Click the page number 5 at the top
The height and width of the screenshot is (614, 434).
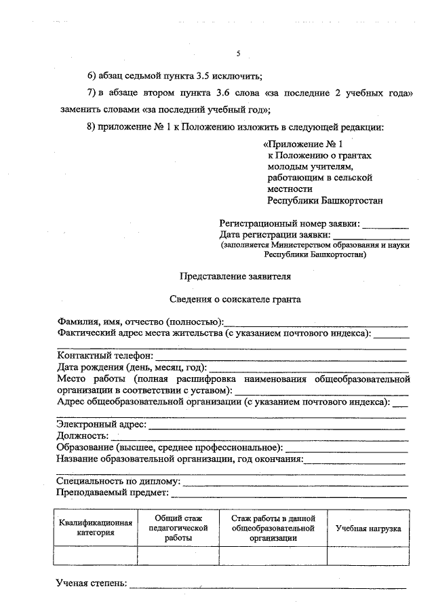coord(238,54)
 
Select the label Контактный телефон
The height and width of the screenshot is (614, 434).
coord(105,356)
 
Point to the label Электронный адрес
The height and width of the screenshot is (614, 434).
coord(102,425)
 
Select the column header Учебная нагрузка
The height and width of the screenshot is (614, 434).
coord(368,528)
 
